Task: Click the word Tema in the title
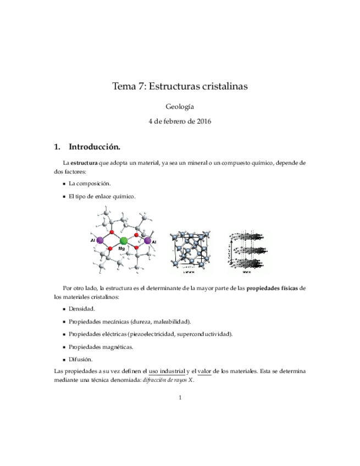[x=123, y=86]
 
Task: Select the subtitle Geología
[x=180, y=107]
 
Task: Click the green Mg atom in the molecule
[x=124, y=240]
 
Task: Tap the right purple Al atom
[x=147, y=240]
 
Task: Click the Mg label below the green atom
[x=122, y=249]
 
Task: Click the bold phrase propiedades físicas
[x=275, y=288]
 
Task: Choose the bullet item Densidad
[x=82, y=309]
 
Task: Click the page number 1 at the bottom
[x=180, y=397]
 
